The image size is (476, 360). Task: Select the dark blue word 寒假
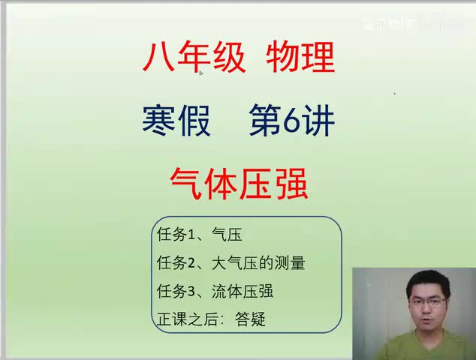[176, 119]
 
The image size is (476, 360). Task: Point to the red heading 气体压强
[239, 182]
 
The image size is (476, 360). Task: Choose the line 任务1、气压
[199, 235]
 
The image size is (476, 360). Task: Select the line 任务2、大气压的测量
[230, 263]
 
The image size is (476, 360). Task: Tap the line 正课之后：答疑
[211, 319]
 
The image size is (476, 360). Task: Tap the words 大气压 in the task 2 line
[230, 263]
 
